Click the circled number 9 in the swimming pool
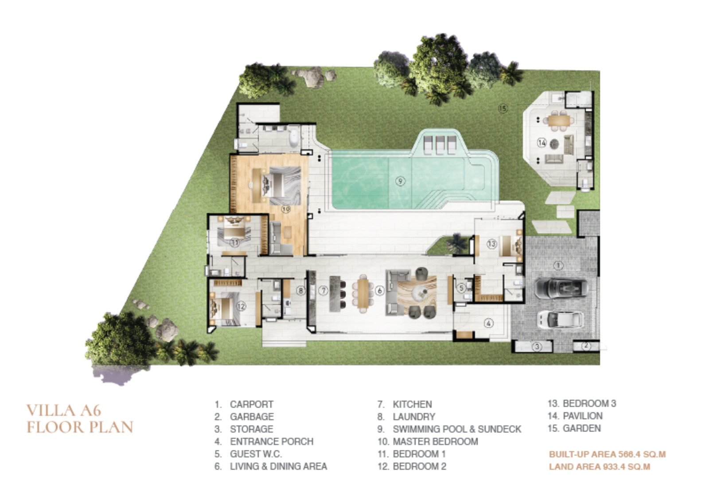[x=400, y=181]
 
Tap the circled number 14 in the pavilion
[x=542, y=143]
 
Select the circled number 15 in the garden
[x=503, y=108]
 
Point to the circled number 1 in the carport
[x=558, y=266]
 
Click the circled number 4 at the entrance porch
[x=488, y=323]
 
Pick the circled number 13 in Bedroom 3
[x=491, y=244]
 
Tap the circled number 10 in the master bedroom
[x=285, y=209]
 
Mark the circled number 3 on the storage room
[x=537, y=347]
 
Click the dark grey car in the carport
[x=561, y=288]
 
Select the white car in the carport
[x=560, y=320]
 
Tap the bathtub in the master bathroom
[x=293, y=137]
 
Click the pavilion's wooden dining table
[x=559, y=120]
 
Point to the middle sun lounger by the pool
[x=440, y=144]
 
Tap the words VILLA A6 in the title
[x=64, y=411]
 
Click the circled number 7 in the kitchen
[x=323, y=291]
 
